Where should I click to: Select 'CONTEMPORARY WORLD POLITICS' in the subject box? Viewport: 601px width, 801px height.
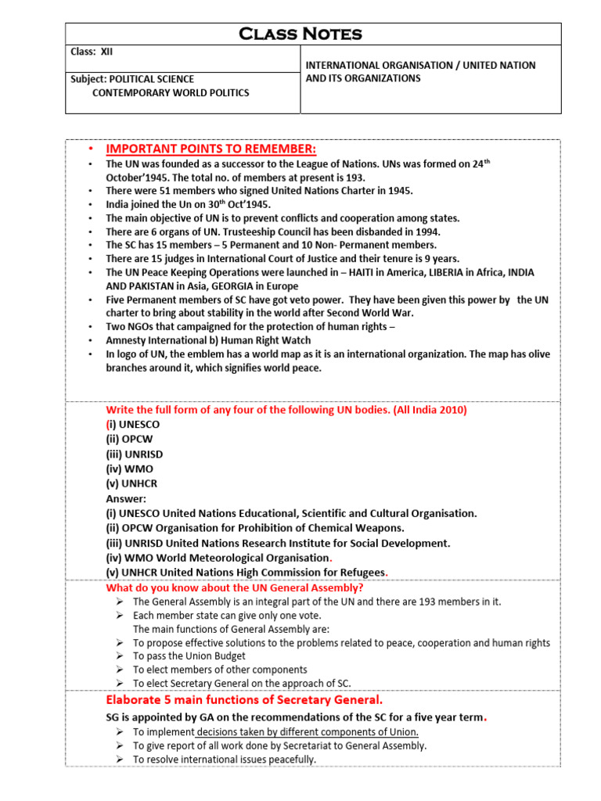pos(171,93)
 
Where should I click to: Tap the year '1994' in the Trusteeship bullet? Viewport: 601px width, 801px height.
pos(427,232)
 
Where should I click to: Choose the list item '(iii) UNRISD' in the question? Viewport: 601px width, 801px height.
pos(135,454)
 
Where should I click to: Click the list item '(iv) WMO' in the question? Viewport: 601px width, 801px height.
pos(130,469)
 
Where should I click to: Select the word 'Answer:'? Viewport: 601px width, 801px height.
pos(126,498)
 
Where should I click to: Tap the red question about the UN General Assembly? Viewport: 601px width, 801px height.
pos(234,587)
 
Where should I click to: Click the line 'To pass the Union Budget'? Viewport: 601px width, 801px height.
pos(189,656)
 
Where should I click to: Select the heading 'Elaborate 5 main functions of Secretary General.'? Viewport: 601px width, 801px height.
pos(244,700)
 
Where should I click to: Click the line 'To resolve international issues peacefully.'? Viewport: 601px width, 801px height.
pos(224,760)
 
